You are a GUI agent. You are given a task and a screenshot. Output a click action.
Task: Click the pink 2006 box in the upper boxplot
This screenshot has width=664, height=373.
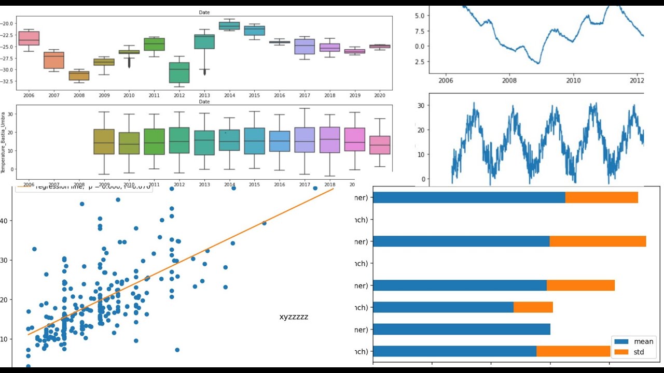(x=29, y=38)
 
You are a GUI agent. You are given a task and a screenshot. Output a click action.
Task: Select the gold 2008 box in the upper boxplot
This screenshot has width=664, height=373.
(x=79, y=76)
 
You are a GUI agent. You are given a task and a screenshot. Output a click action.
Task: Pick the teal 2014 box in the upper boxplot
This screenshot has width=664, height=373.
(x=229, y=25)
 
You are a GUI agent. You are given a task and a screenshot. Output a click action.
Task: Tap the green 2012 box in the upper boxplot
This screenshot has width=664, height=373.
(x=179, y=73)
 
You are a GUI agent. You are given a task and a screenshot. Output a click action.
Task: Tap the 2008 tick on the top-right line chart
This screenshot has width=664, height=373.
(x=509, y=80)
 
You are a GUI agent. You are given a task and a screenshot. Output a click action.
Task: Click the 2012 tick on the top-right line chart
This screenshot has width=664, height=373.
(x=637, y=80)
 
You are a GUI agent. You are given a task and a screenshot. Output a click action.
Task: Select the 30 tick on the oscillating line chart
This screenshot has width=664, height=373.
(x=421, y=105)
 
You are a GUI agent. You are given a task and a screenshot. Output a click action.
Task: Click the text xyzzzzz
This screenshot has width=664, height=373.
(x=294, y=317)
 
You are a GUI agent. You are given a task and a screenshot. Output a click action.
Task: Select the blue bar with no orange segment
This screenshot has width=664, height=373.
(x=462, y=329)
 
